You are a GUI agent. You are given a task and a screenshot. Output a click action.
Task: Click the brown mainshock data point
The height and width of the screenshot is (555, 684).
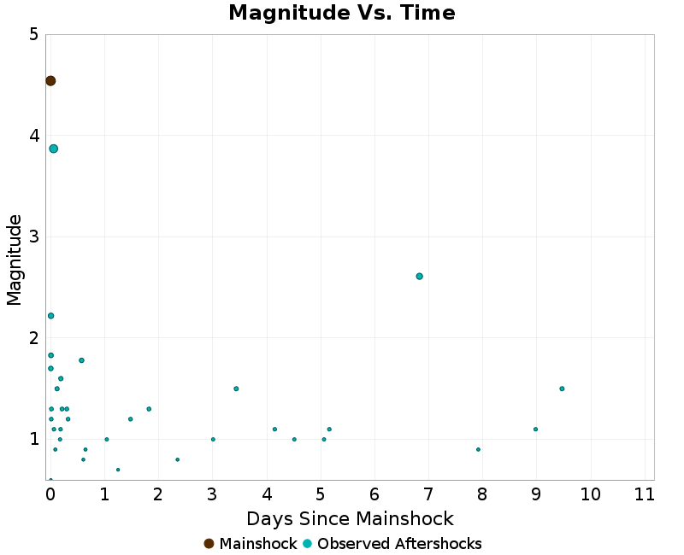(50, 81)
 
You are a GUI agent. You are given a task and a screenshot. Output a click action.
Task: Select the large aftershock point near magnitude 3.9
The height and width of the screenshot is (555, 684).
(53, 149)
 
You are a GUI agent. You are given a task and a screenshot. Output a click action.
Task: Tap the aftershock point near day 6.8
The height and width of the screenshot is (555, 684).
(419, 276)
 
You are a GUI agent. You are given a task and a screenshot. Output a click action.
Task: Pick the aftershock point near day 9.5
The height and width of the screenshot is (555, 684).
(562, 388)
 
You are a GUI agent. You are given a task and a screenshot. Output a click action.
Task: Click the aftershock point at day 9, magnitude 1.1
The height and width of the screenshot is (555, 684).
(535, 429)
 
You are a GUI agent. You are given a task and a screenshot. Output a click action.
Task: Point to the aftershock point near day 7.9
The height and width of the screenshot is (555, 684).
(478, 449)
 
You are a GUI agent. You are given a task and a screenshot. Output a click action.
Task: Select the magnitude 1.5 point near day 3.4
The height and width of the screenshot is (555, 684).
(236, 388)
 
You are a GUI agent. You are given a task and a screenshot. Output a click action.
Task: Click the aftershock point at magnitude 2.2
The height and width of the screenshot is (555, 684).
(50, 316)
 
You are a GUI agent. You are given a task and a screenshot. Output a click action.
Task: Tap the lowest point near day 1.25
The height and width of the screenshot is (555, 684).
(118, 470)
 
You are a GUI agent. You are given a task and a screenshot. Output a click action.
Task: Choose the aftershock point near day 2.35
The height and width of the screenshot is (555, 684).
(177, 459)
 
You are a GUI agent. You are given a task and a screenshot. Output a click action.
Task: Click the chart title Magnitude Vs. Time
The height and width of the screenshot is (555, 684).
(342, 13)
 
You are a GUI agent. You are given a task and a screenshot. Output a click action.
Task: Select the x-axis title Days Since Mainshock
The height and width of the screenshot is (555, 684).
(350, 518)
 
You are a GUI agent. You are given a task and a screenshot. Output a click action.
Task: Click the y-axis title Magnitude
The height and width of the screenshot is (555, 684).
(15, 260)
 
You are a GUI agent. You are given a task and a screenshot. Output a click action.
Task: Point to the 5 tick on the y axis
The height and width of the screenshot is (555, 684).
(32, 34)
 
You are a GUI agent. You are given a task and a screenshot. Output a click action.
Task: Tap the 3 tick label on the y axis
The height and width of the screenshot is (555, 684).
(32, 237)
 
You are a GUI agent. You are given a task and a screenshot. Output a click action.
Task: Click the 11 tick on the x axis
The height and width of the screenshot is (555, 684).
(645, 494)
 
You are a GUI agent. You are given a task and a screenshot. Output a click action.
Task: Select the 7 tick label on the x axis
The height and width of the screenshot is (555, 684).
(428, 494)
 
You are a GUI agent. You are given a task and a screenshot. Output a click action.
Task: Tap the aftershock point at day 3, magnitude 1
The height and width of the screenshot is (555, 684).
(213, 439)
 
